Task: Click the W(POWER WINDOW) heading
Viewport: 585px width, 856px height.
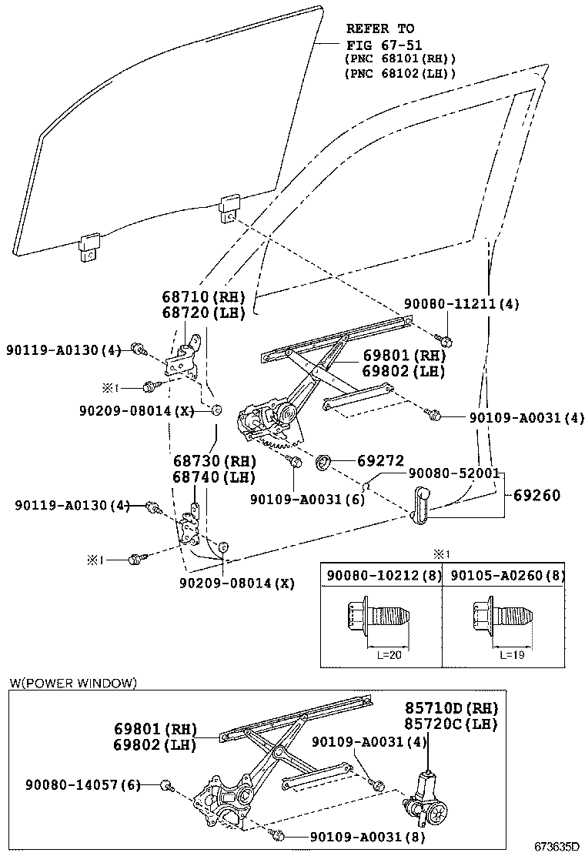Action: point(73,683)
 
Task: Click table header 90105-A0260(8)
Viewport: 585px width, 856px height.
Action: point(507,575)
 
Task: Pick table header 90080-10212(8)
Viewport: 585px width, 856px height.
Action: point(381,575)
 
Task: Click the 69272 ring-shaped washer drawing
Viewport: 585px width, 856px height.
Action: point(324,462)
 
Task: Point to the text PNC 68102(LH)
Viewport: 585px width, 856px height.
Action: point(399,74)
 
